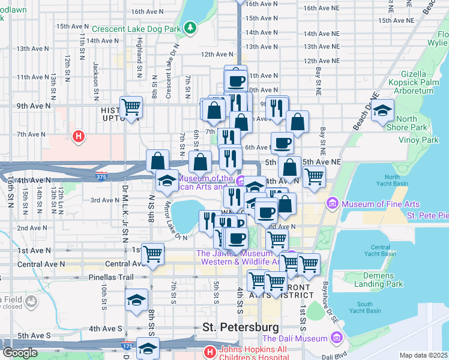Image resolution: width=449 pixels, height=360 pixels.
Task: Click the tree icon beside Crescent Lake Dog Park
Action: click(190, 28)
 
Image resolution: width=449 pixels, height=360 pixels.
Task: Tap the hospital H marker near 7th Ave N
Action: click(77, 137)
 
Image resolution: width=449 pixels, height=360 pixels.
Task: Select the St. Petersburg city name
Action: click(241, 327)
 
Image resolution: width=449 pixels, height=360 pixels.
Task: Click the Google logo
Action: click(20, 352)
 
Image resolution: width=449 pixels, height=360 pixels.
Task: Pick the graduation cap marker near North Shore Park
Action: click(382, 110)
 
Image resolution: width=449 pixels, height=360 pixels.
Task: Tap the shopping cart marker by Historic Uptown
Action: click(131, 107)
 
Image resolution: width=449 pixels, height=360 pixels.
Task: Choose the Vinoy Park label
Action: click(418, 140)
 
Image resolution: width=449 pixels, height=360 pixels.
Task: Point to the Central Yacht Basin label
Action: click(380, 250)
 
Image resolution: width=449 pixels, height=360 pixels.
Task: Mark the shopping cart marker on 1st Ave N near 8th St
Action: click(153, 253)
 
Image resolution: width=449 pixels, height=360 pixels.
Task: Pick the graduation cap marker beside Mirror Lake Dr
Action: click(166, 180)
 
